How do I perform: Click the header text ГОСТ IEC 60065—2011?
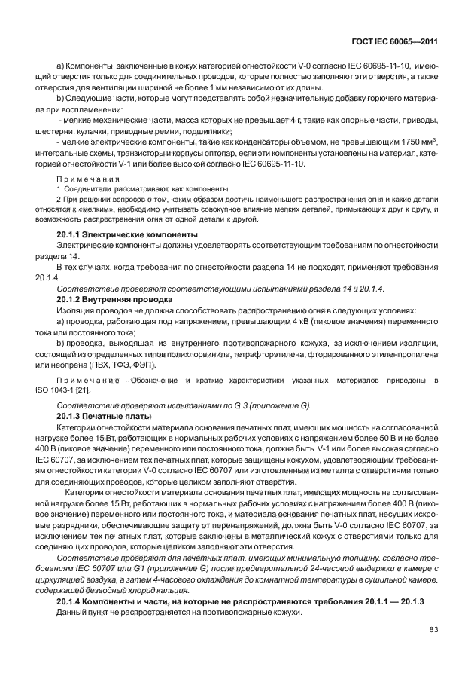(406, 41)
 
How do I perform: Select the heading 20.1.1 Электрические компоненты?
(128, 234)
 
